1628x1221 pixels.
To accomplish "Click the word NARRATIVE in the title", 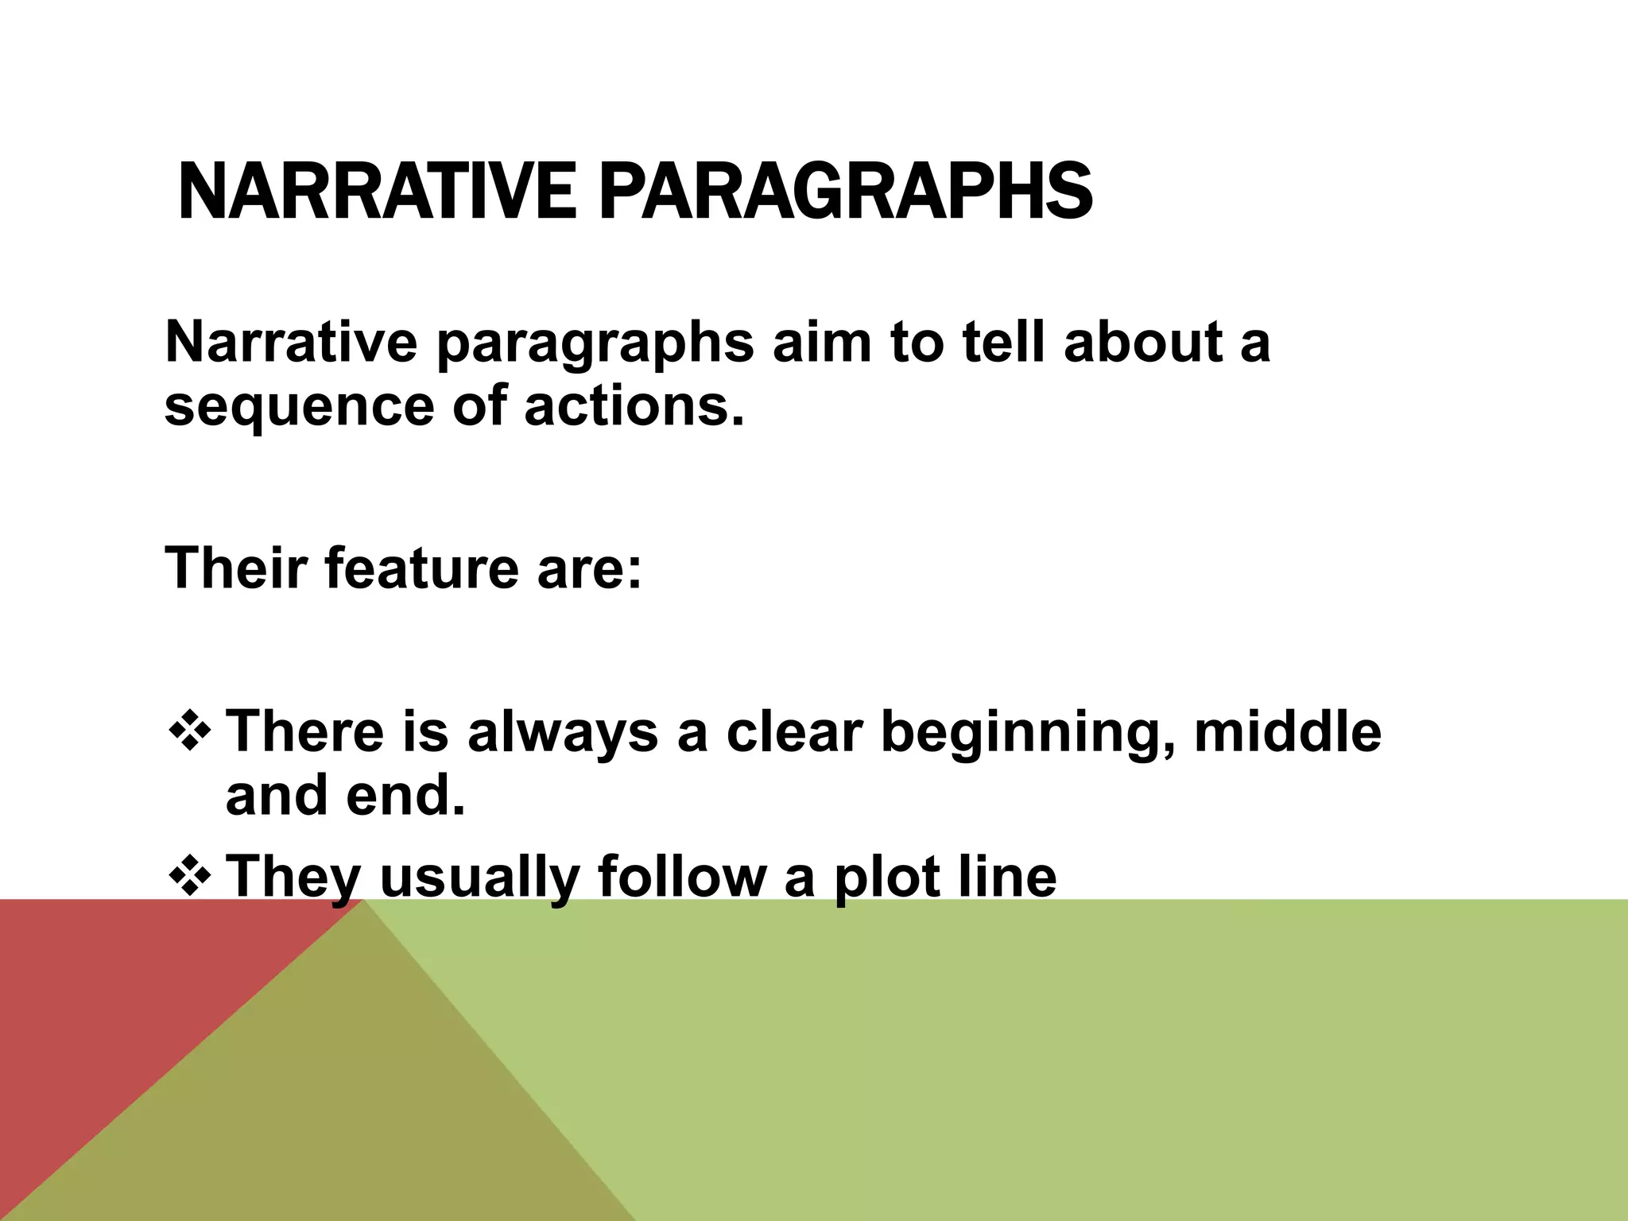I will tap(376, 192).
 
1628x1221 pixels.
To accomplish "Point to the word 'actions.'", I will tap(634, 405).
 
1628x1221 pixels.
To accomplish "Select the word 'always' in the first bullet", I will tap(562, 734).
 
